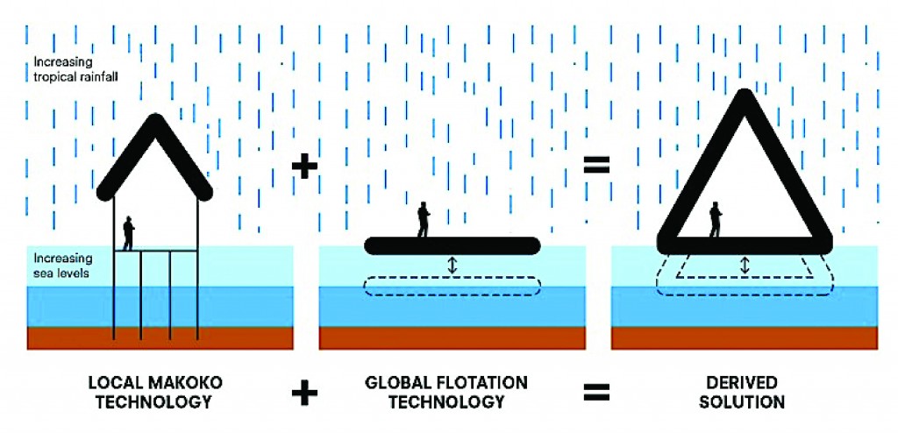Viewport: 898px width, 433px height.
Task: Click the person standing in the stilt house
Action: tap(129, 233)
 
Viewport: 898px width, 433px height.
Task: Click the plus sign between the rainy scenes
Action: tap(303, 167)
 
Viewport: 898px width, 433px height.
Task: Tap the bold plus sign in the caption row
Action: tap(304, 393)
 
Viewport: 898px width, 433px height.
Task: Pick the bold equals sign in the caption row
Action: tap(597, 393)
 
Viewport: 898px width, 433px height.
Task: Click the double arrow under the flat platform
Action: tap(453, 264)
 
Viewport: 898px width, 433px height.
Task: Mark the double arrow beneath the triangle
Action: tap(745, 264)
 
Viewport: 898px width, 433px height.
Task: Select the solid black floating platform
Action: tap(453, 245)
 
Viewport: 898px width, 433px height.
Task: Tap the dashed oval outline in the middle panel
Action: tap(453, 286)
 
